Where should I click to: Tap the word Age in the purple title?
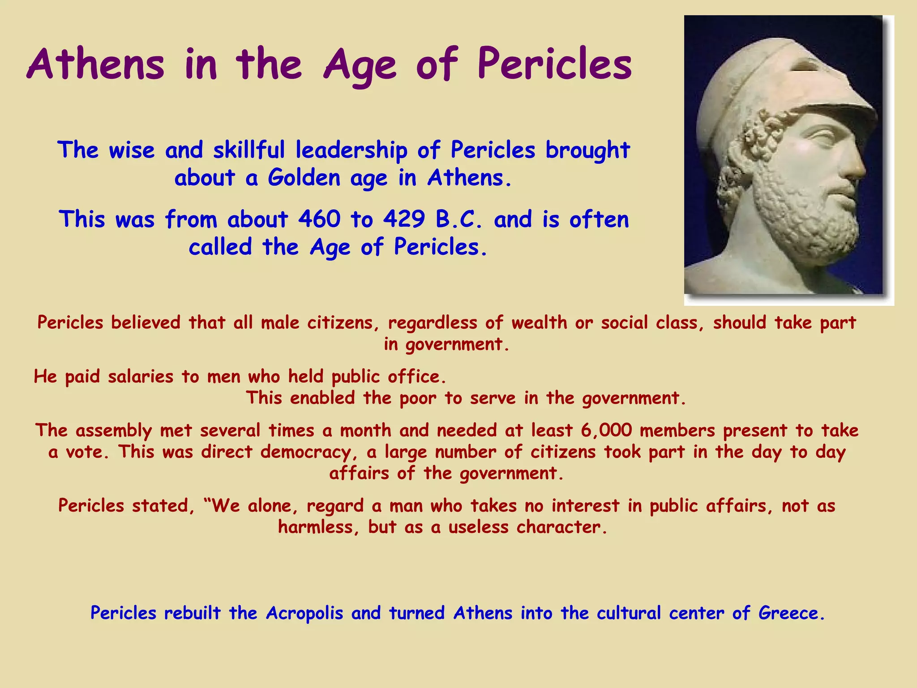click(360, 65)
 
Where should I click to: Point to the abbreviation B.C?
click(459, 219)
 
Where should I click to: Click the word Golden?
click(304, 178)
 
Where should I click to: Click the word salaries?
click(141, 377)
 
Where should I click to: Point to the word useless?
click(478, 527)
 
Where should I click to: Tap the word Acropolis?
click(304, 613)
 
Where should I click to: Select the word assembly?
click(114, 431)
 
